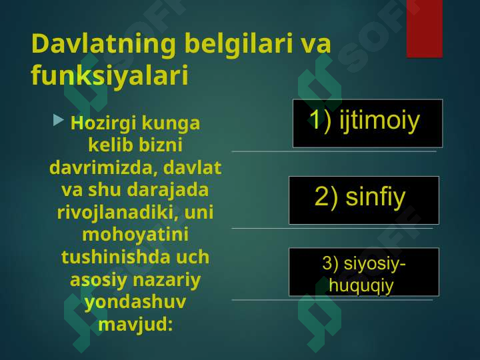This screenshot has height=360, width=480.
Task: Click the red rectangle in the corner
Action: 425,29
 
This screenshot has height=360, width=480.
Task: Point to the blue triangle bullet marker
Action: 58,120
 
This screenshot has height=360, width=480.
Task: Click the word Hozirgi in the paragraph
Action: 103,124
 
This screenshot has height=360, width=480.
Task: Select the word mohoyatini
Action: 135,235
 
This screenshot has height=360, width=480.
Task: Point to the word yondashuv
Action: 135,303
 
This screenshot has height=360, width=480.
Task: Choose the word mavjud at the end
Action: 135,325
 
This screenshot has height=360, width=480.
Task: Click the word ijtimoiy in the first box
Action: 379,121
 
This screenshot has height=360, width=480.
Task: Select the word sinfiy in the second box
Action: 375,197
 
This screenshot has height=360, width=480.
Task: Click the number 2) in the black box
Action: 326,197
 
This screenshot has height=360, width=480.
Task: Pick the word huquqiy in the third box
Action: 361,286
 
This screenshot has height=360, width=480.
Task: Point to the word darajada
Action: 168,191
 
